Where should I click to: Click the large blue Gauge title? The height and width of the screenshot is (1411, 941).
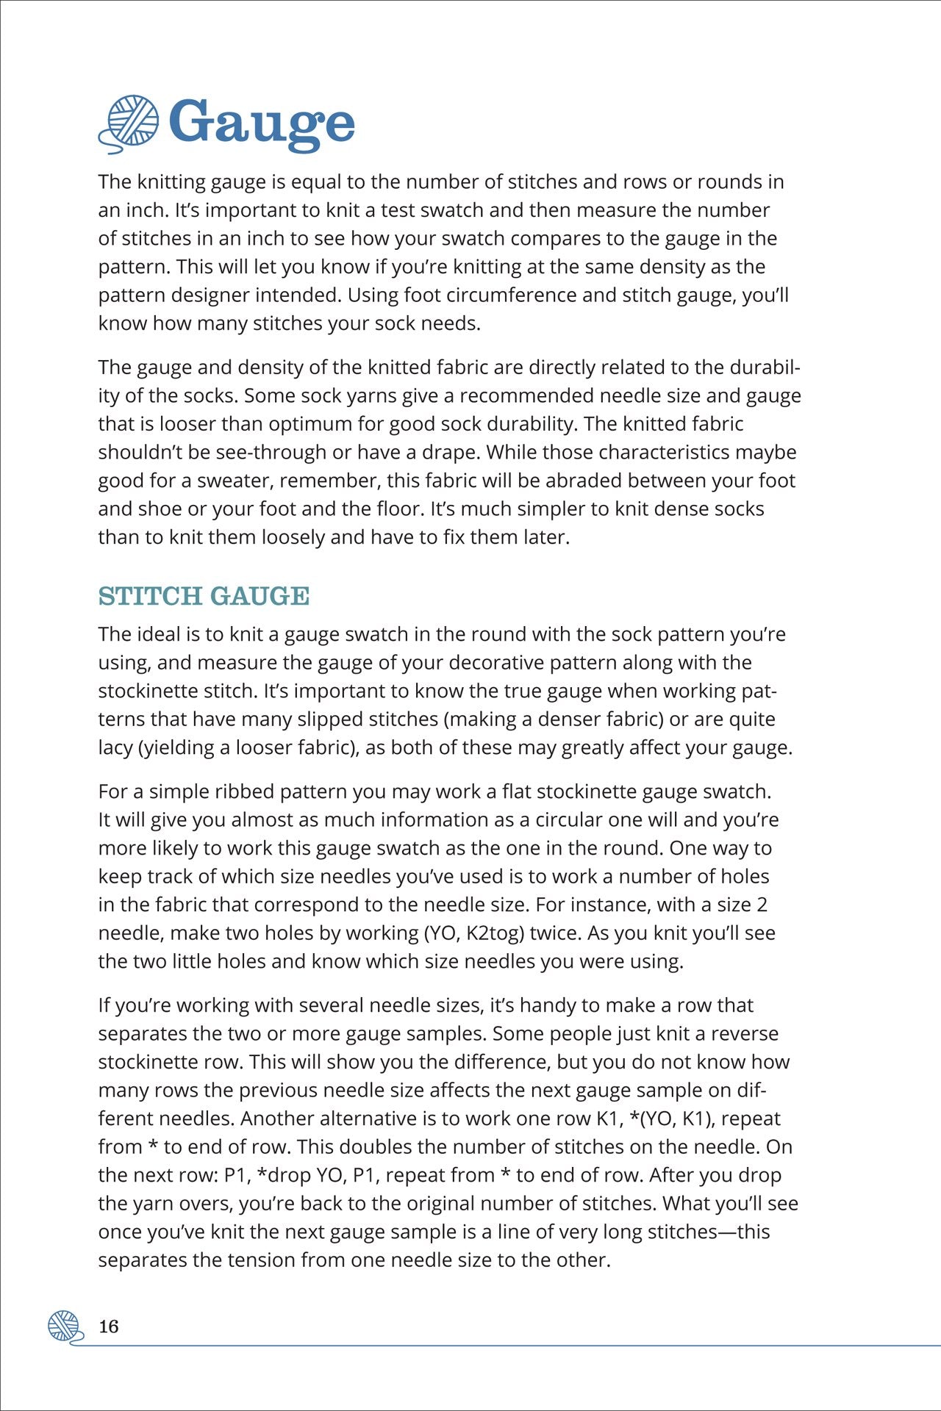262,123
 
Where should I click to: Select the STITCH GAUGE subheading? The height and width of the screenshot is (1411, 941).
204,596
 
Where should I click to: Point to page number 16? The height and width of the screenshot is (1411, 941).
108,1326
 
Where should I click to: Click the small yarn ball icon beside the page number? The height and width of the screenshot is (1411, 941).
64,1326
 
